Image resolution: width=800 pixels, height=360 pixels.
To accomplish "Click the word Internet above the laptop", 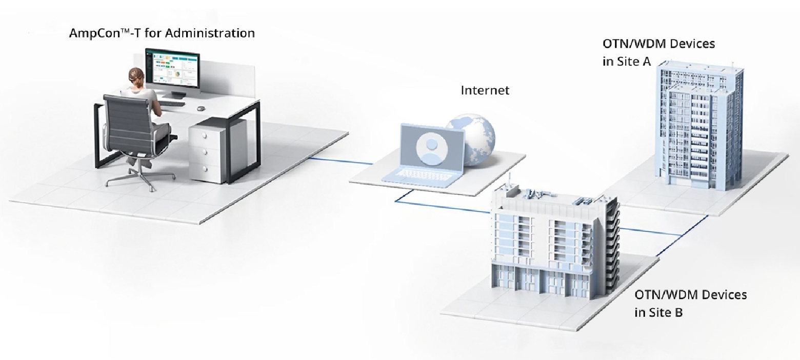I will point(485,91).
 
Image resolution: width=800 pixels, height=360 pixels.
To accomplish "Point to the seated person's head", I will point(135,76).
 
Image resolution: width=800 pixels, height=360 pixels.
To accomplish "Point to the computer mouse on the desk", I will point(201,108).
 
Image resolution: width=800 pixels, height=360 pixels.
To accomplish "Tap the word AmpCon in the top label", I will point(88,33).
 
